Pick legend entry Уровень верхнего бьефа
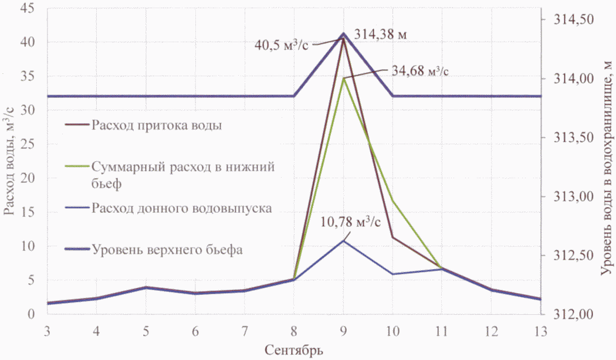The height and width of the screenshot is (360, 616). point(167,249)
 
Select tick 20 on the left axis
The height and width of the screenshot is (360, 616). point(28,178)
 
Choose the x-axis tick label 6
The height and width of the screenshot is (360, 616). point(194,331)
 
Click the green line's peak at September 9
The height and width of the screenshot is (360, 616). point(343,78)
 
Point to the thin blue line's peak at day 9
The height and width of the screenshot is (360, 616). point(343,240)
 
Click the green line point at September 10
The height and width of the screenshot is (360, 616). point(392,201)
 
